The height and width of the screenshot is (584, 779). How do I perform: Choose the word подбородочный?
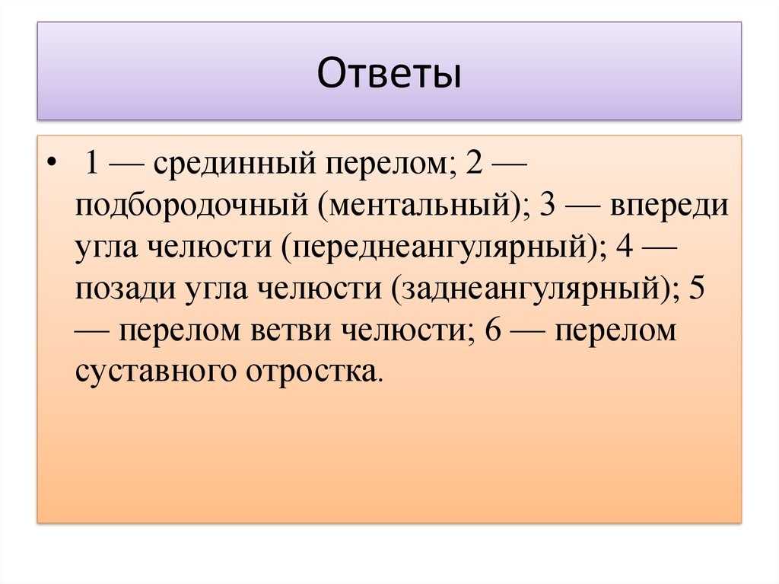tap(190, 206)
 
